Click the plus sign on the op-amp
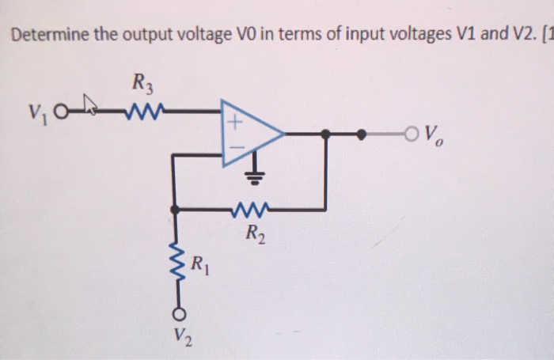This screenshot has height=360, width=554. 235,123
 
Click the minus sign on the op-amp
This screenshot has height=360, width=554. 235,148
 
